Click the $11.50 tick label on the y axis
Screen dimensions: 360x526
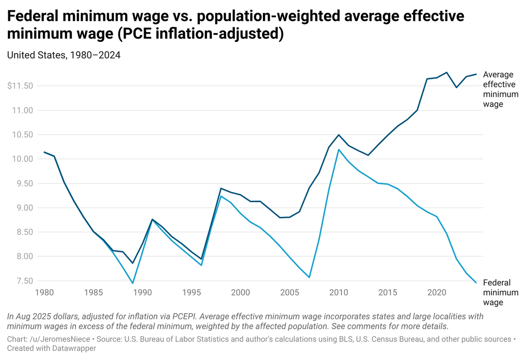tap(20, 86)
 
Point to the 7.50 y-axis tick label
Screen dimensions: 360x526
tap(23, 281)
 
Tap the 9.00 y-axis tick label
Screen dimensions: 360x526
tap(23, 208)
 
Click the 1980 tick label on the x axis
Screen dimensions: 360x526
tap(44, 293)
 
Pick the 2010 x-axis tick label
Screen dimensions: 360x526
tap(338, 293)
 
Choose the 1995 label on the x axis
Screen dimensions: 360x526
tap(191, 293)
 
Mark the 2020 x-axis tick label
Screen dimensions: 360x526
tap(436, 293)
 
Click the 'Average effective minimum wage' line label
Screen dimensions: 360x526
tap(498, 89)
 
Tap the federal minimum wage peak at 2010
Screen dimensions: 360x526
tap(338, 149)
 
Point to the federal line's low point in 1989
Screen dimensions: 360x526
tap(132, 283)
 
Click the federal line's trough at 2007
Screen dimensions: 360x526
tap(309, 278)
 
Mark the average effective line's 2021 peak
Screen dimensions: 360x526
tap(447, 72)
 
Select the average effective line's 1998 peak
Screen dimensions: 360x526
tap(221, 189)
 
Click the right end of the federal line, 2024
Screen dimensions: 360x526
tap(476, 283)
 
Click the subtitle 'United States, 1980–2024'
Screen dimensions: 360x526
tap(64, 55)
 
